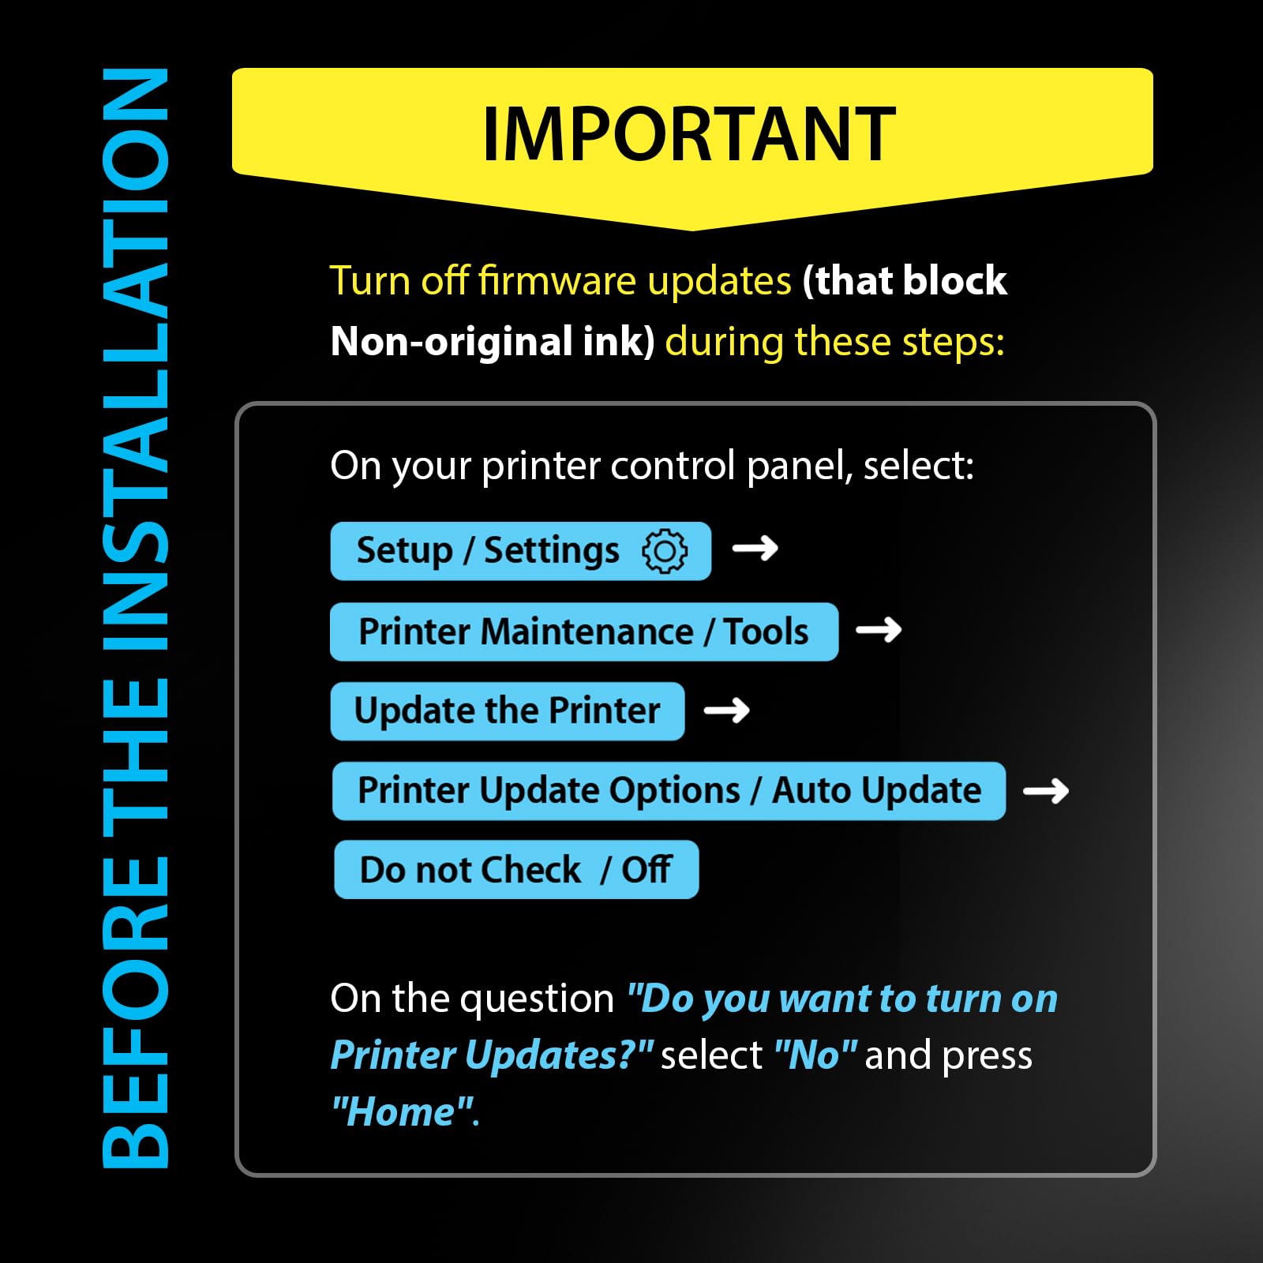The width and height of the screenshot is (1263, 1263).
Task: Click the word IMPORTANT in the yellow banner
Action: pos(689,134)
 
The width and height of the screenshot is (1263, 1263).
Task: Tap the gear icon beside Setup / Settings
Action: pos(665,550)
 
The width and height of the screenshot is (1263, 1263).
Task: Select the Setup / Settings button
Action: pos(521,551)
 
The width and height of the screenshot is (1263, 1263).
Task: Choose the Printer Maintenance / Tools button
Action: pos(584,631)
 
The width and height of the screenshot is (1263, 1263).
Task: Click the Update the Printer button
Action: pos(508,711)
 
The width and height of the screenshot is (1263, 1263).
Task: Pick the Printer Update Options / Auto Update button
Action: pos(669,791)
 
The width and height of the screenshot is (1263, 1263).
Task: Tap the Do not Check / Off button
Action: pos(516,870)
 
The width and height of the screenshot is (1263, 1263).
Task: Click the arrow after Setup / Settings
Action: pos(755,548)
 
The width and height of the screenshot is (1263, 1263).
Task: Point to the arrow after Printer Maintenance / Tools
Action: pos(879,629)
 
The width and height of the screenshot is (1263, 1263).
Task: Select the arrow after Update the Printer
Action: pos(727,710)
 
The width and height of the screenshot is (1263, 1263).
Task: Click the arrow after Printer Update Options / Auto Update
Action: pos(1046,790)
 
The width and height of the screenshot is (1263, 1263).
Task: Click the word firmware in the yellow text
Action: pos(557,281)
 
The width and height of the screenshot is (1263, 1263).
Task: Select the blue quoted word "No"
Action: pos(815,1055)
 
